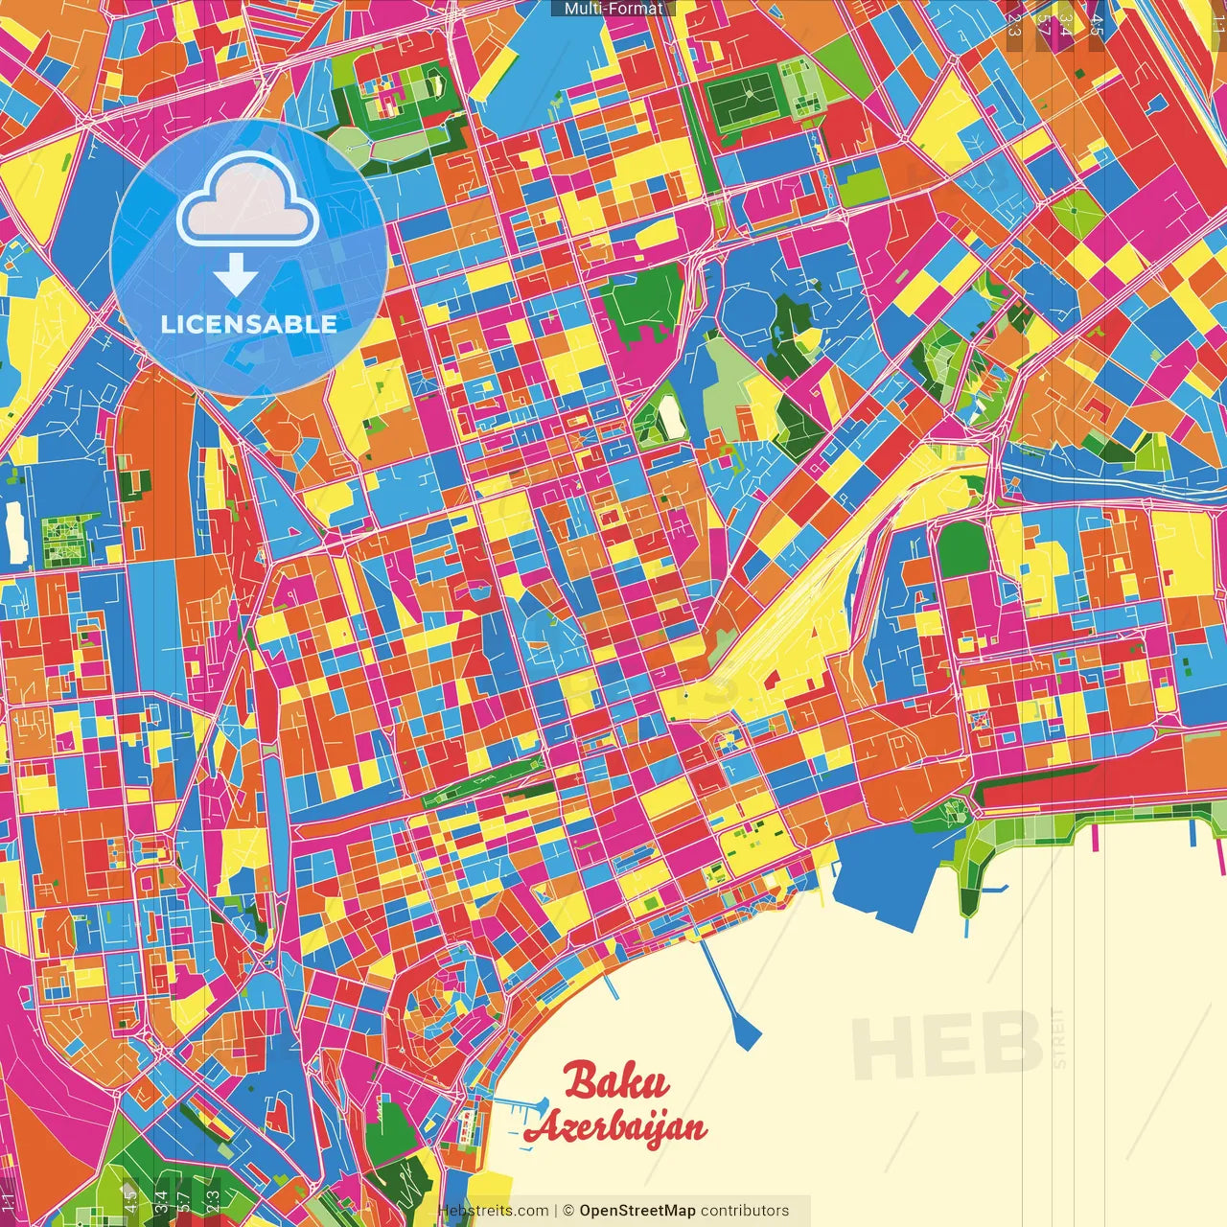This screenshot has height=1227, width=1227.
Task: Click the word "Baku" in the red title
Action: pyautogui.click(x=616, y=1081)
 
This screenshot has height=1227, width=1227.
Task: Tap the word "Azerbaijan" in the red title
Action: pyautogui.click(x=615, y=1128)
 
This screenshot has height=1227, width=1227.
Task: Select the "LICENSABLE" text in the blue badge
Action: pyautogui.click(x=249, y=324)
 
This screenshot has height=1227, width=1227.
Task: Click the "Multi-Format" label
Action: pyautogui.click(x=613, y=9)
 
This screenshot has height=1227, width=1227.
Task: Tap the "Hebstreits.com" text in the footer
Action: pyautogui.click(x=494, y=1211)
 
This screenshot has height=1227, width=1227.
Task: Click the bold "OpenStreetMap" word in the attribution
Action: pyautogui.click(x=637, y=1211)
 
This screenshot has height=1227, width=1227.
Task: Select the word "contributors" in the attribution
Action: pyautogui.click(x=745, y=1211)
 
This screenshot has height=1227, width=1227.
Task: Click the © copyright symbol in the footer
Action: pyautogui.click(x=568, y=1211)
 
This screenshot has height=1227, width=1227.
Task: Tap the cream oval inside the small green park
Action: pyautogui.click(x=669, y=414)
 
